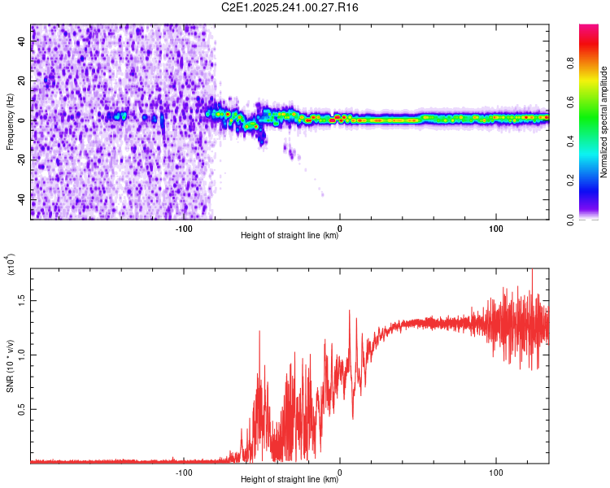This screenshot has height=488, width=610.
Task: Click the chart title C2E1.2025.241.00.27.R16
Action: tap(290, 7)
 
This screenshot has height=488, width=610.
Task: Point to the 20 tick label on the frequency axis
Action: tap(22, 81)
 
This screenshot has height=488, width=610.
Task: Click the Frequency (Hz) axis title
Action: tap(10, 122)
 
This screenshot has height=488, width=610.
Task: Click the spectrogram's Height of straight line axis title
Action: tap(290, 237)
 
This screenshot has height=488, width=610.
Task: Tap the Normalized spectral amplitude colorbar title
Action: tap(603, 122)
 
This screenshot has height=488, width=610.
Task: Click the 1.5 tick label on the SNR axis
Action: tap(22, 300)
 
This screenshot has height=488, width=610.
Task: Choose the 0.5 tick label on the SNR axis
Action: tap(22, 408)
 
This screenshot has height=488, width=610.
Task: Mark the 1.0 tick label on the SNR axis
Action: tap(22, 355)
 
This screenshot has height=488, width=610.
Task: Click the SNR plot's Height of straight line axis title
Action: tap(290, 480)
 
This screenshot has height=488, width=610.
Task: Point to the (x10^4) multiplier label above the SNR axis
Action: tap(11, 264)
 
